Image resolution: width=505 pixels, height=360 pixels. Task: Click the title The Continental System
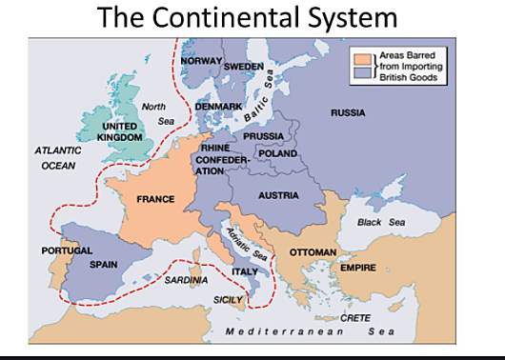point(252,18)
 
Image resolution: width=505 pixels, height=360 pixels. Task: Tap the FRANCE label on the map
point(154,199)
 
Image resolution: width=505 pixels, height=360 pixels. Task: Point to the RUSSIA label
point(348,113)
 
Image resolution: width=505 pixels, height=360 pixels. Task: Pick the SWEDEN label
point(243,68)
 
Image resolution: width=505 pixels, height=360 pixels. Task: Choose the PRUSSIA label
point(263,137)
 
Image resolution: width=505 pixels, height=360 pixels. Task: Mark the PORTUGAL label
point(67,250)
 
